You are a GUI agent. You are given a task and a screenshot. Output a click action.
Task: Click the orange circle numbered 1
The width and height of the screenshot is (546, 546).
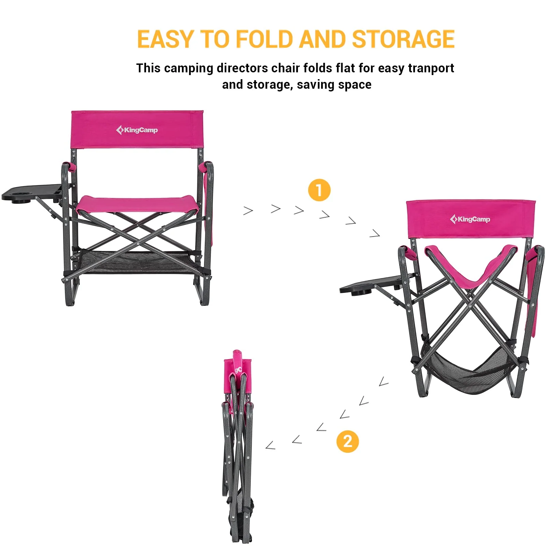click(x=319, y=190)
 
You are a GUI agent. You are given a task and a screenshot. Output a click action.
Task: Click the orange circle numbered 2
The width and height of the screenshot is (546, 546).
click(x=347, y=441)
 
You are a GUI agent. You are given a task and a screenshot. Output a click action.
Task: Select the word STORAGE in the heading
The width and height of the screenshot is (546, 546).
click(x=403, y=39)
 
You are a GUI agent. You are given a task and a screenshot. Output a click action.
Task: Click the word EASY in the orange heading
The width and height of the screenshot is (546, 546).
click(x=166, y=39)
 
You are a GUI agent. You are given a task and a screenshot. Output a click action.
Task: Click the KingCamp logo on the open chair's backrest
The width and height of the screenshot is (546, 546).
click(x=137, y=130)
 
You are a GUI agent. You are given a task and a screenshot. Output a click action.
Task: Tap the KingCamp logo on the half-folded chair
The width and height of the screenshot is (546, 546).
click(x=470, y=219)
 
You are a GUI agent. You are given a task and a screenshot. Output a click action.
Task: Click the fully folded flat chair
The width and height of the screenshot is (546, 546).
click(x=238, y=444)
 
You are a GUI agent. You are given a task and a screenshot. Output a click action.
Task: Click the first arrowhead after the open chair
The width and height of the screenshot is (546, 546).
click(x=248, y=211)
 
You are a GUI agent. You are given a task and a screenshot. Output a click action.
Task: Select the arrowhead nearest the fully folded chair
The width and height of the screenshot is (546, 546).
click(x=270, y=445)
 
